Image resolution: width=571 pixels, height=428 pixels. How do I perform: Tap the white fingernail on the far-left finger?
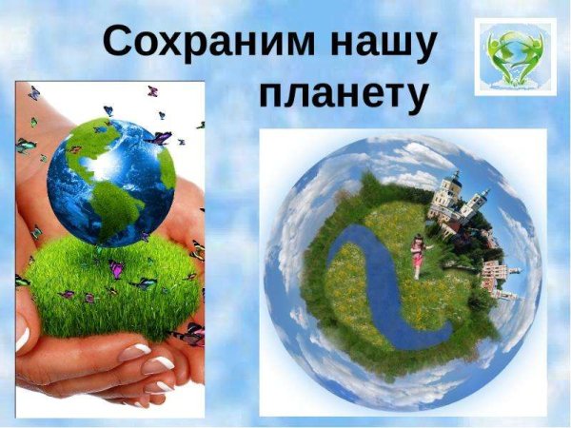[x=21, y=333]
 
